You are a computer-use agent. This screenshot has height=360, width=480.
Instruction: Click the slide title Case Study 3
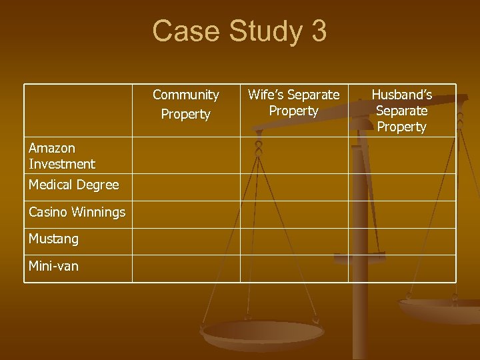click(239, 31)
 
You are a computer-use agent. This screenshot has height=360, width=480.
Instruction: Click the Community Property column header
click(185, 105)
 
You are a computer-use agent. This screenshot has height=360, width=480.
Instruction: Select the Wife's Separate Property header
click(293, 103)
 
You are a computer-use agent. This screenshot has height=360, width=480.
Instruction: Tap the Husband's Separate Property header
click(401, 111)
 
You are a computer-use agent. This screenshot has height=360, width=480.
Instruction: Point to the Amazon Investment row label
click(62, 155)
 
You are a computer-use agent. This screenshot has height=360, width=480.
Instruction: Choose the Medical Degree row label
click(73, 185)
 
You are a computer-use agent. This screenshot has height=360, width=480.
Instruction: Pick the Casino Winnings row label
click(77, 212)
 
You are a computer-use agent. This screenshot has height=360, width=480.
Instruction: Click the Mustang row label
click(53, 239)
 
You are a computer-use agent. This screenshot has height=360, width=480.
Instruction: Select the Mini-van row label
click(53, 266)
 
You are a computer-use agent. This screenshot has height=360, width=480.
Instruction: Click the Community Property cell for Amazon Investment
click(186, 155)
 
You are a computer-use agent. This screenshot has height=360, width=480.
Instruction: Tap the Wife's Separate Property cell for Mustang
click(293, 241)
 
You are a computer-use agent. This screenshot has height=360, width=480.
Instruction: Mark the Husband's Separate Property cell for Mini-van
click(401, 268)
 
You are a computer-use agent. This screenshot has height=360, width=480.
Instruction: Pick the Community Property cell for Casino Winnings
click(186, 214)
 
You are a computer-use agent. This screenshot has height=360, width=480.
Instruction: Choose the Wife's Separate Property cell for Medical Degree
click(293, 187)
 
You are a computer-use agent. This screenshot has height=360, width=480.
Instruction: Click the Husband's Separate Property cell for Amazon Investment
click(401, 155)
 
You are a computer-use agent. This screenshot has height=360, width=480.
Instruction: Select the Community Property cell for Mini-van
click(186, 268)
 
